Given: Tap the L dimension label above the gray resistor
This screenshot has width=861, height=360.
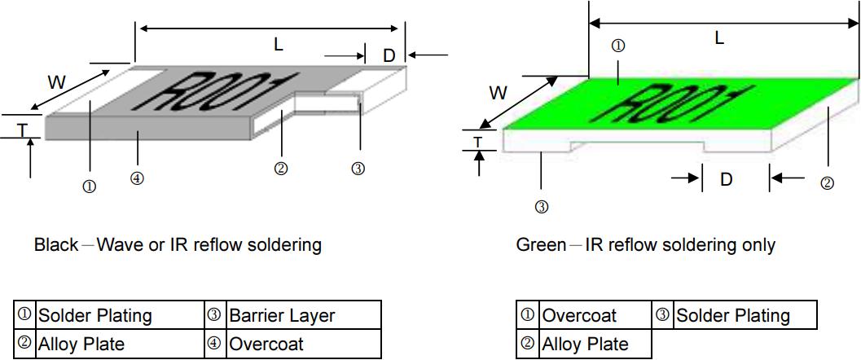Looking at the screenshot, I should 278,46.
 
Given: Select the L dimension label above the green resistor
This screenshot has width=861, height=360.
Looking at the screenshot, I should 719,37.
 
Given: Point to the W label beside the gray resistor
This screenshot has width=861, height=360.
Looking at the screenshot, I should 56,82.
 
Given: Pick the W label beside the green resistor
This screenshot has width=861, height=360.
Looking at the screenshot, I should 498,93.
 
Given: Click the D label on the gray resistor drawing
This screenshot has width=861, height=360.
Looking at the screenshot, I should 389,55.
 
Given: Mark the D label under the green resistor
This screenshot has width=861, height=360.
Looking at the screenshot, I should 727,178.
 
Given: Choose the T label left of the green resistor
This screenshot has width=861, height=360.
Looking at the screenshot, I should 478,142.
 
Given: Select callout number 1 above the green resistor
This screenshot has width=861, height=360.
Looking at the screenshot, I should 617,47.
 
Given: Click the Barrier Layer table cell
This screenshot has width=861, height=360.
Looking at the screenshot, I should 293,315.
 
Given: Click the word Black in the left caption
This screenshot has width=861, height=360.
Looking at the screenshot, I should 56,244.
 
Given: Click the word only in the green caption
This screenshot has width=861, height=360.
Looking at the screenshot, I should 757,244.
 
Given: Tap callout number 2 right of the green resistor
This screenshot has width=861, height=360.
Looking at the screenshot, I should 827,183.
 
